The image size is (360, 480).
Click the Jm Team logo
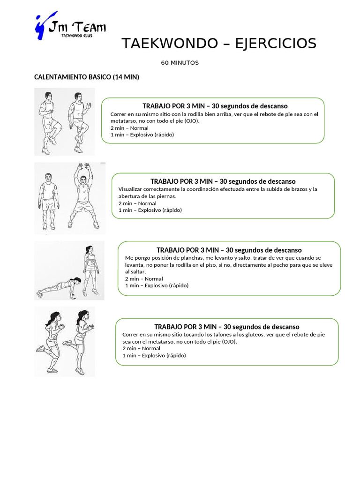click(x=70, y=26)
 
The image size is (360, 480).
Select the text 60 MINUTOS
click(x=180, y=63)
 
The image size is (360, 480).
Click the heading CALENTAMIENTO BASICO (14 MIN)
click(x=87, y=77)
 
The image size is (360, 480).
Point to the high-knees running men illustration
click(x=64, y=122)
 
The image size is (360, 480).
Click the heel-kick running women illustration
click(x=64, y=342)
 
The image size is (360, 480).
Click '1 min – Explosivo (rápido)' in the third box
click(x=157, y=285)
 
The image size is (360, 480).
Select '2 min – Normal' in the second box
click(x=137, y=203)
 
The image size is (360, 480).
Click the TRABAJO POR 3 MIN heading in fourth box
click(x=226, y=327)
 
